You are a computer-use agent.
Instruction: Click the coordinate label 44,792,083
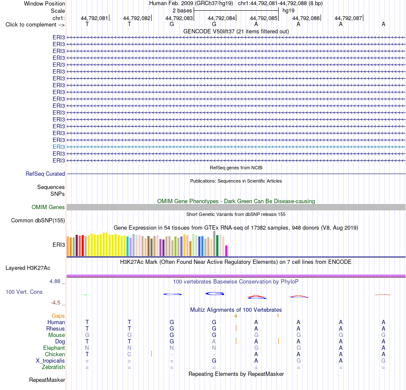[x=179, y=18]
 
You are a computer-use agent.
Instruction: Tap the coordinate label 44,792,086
[x=306, y=18]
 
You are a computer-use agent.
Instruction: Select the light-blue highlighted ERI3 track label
[x=59, y=147]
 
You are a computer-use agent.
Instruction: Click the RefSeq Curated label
[x=45, y=174]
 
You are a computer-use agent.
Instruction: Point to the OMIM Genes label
[x=48, y=207]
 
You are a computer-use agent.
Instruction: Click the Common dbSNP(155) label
[x=38, y=221]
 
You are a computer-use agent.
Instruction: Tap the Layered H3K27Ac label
[x=28, y=268]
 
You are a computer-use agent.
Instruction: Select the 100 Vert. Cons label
[x=24, y=292]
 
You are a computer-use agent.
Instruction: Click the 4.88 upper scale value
[x=55, y=281]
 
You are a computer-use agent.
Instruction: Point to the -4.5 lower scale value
[x=56, y=303]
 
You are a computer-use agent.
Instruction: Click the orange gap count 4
[x=235, y=316]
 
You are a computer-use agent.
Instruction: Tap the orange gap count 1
[x=278, y=316]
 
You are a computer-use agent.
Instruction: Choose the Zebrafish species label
[x=53, y=367]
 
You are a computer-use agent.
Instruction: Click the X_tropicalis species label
[x=50, y=361]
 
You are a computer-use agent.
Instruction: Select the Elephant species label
[x=54, y=348]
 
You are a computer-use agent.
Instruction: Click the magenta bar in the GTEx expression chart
[x=227, y=251]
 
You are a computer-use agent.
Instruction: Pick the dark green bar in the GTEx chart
[x=217, y=245]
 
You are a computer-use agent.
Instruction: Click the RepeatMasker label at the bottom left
[x=47, y=380]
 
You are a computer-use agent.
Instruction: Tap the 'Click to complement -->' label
[x=35, y=25]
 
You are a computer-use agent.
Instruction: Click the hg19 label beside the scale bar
[x=288, y=11]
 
